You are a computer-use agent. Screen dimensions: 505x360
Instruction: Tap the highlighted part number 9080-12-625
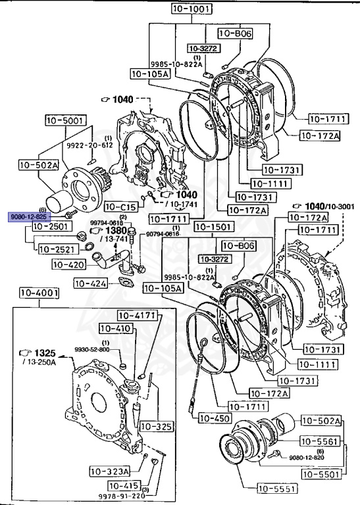(x=28, y=216)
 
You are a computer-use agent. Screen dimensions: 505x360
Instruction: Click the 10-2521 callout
(x=57, y=249)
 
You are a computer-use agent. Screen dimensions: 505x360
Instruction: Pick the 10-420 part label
(x=70, y=265)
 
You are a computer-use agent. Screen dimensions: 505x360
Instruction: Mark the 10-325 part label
(x=157, y=427)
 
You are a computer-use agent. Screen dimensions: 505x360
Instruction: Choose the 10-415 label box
(x=123, y=486)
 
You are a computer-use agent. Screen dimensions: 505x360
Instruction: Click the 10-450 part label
(x=213, y=418)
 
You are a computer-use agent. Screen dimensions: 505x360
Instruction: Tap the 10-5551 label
(x=276, y=489)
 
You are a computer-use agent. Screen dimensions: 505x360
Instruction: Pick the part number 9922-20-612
(x=89, y=145)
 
